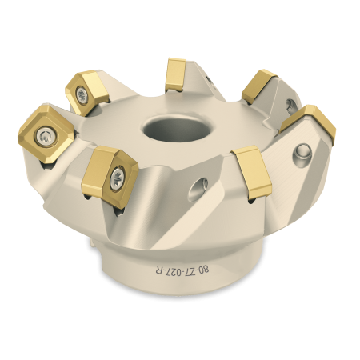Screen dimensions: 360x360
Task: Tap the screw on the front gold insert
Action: click(117, 176)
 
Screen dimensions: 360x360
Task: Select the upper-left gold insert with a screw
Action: click(86, 92)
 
